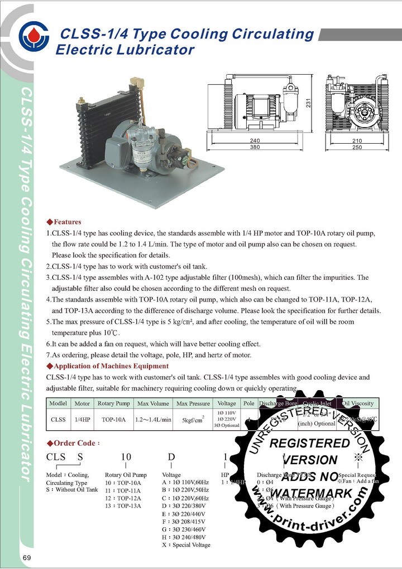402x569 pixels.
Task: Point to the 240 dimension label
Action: tap(255, 141)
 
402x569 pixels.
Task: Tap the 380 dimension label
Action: tap(255, 148)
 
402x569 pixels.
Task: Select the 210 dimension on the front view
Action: tap(357, 141)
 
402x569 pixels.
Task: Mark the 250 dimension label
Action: tap(357, 148)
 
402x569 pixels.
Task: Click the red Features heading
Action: tap(66, 222)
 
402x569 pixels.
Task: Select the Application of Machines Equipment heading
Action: tap(111, 366)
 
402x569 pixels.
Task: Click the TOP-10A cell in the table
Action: tap(114, 420)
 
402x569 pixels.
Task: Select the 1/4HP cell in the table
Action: tap(82, 420)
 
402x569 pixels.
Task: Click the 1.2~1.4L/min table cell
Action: tap(153, 420)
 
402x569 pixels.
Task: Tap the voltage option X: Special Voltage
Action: tap(185, 544)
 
